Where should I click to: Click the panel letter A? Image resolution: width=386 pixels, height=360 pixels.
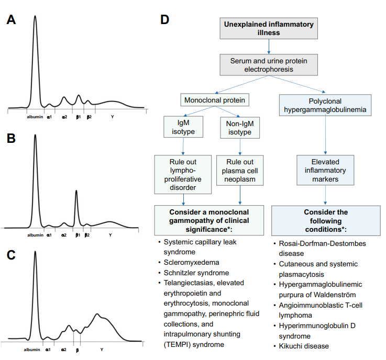click(12, 20)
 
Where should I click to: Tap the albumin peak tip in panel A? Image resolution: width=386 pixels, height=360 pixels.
click(35, 16)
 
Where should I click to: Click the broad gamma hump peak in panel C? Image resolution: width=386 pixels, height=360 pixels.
click(98, 314)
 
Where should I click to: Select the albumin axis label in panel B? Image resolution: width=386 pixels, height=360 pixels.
click(35, 235)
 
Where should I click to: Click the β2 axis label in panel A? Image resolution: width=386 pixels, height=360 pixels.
click(89, 116)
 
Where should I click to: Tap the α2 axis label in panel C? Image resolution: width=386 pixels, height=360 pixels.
click(63, 349)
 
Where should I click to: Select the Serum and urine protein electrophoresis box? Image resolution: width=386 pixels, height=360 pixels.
click(269, 65)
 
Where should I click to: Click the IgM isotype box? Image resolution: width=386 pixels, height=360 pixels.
click(183, 128)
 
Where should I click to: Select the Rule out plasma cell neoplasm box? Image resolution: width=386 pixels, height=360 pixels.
click(240, 170)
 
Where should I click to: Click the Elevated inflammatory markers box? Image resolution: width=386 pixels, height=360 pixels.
click(326, 170)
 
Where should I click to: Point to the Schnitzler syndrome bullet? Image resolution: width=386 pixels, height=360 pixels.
click(191, 273)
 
